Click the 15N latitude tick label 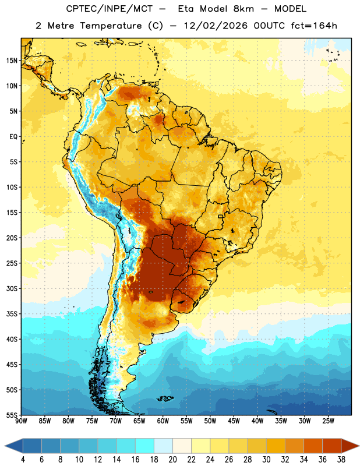12,61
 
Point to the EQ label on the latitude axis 13,137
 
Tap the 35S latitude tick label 12,314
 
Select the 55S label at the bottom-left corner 12,415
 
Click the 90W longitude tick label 21,421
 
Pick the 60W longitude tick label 163,421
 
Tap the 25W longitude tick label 328,421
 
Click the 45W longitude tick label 234,421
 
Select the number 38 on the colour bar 341,460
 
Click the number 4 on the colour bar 23,460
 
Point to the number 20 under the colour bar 172,460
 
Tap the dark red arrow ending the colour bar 350,446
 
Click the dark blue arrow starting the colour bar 13,446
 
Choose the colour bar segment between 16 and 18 145,446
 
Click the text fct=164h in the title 314,26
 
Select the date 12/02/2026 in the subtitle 216,26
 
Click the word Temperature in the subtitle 111,26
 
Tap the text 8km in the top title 243,9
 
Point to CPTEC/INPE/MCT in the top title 110,9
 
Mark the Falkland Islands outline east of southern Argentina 165,398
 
